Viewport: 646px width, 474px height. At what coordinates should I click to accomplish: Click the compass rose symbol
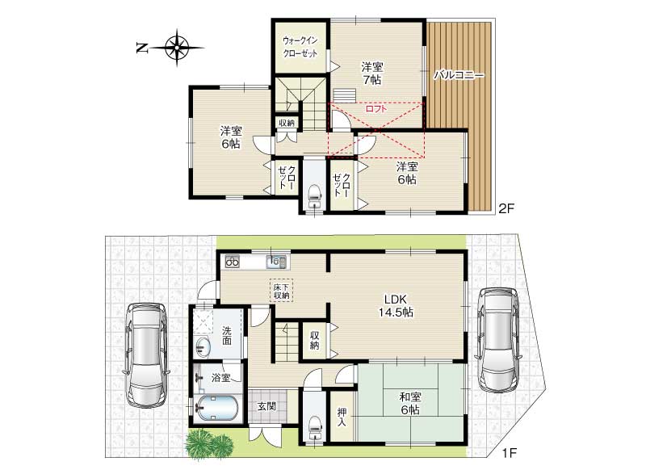tap(177, 48)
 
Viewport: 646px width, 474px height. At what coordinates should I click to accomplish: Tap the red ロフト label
tap(376, 109)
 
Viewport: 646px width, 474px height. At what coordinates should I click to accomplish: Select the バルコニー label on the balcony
tap(459, 76)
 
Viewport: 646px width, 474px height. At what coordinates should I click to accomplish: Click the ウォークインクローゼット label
tap(300, 47)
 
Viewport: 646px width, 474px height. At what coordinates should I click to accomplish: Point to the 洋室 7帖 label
tap(372, 73)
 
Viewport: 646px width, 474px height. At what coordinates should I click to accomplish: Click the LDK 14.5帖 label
tap(396, 305)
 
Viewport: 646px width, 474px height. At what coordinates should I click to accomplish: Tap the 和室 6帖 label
tap(410, 404)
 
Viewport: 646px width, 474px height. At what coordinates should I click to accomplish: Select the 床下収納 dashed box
tap(281, 291)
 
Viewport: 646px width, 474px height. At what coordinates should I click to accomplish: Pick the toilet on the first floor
tap(315, 426)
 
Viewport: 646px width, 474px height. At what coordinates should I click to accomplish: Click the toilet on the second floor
tap(315, 196)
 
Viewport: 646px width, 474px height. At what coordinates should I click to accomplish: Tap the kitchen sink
tap(276, 262)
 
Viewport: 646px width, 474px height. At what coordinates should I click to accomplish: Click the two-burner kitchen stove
tap(233, 262)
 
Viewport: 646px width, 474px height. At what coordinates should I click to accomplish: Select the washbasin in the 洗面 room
tap(202, 347)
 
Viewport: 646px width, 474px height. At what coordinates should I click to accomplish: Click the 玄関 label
tap(266, 406)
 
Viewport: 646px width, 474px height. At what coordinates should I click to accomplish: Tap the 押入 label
tap(342, 417)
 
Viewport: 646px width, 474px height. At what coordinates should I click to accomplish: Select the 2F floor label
tap(506, 209)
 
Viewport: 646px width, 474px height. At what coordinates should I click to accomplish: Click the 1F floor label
tap(509, 454)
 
